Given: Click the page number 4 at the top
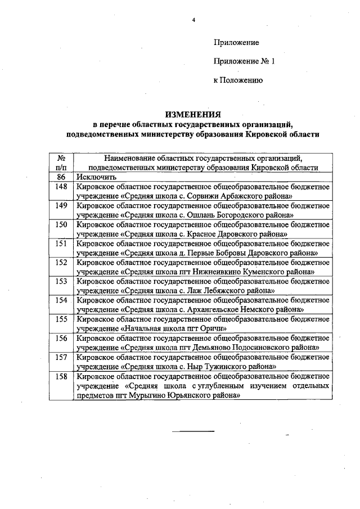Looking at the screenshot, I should [x=193, y=20].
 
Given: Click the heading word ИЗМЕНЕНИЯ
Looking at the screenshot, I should [x=193, y=114].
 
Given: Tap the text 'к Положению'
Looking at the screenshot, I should [x=238, y=80].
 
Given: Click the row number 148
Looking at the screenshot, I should [x=62, y=187].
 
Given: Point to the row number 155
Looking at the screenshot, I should [x=62, y=318].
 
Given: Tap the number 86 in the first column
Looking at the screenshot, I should [x=62, y=177].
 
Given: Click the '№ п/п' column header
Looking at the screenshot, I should [x=62, y=163].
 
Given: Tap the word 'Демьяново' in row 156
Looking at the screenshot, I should [x=213, y=347].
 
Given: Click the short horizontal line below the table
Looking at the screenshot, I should [x=193, y=432].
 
